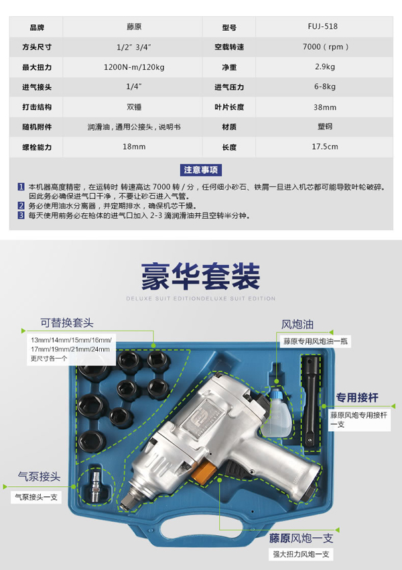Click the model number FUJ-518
(x=322, y=27)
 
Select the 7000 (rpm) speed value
(x=326, y=47)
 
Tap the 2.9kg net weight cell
(x=325, y=67)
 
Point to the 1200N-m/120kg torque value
(x=134, y=67)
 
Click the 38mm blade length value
(x=325, y=107)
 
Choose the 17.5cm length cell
(x=325, y=147)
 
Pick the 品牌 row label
(x=37, y=27)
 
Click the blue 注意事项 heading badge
(x=200, y=170)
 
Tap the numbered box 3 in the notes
(x=21, y=215)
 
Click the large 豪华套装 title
(x=200, y=277)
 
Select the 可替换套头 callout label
(x=67, y=323)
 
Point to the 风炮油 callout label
(x=297, y=325)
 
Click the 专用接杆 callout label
(x=357, y=398)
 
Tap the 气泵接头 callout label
(x=39, y=477)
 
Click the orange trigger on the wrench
(x=202, y=471)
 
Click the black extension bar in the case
(x=311, y=403)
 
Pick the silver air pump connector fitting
(x=97, y=486)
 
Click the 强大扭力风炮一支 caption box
(x=301, y=554)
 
